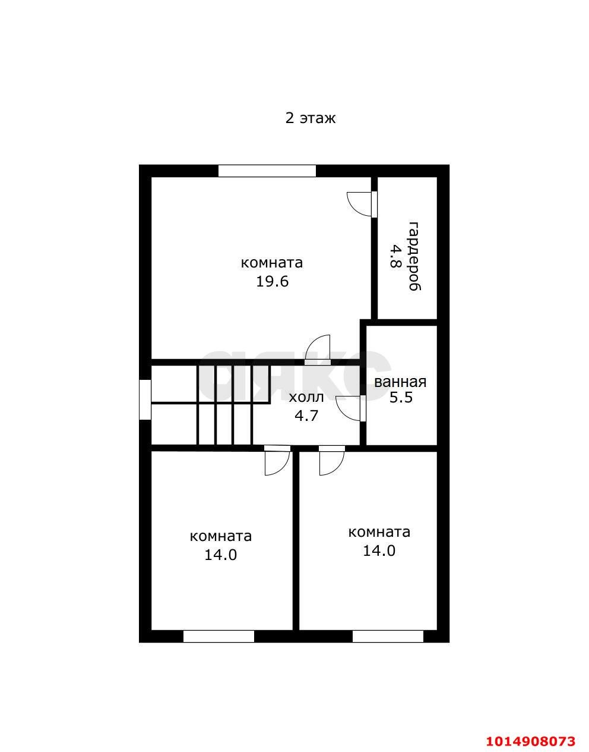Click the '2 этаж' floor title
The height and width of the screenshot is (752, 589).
click(310, 119)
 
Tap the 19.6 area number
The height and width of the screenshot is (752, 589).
click(272, 282)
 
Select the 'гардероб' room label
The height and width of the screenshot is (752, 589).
click(414, 256)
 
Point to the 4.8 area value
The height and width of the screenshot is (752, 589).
click(395, 256)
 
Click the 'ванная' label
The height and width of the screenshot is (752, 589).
click(400, 382)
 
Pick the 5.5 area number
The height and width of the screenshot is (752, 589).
click(401, 398)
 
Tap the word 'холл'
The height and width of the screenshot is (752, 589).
click(306, 398)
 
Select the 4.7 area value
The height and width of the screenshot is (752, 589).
click(306, 416)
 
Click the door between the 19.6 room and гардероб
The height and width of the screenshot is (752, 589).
click(362, 204)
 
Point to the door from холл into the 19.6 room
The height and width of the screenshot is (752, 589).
click(317, 350)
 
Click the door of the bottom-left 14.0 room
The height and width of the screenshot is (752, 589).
click(277, 461)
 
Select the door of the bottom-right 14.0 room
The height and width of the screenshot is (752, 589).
click(332, 461)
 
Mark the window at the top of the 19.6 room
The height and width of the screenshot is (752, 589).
click(267, 171)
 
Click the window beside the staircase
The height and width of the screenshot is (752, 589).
click(145, 399)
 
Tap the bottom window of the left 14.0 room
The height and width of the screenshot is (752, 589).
click(218, 637)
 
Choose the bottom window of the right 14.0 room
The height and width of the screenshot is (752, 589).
click(388, 637)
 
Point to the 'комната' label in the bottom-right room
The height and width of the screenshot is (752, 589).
click(379, 532)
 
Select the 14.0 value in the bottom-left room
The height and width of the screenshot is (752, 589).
click(220, 555)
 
